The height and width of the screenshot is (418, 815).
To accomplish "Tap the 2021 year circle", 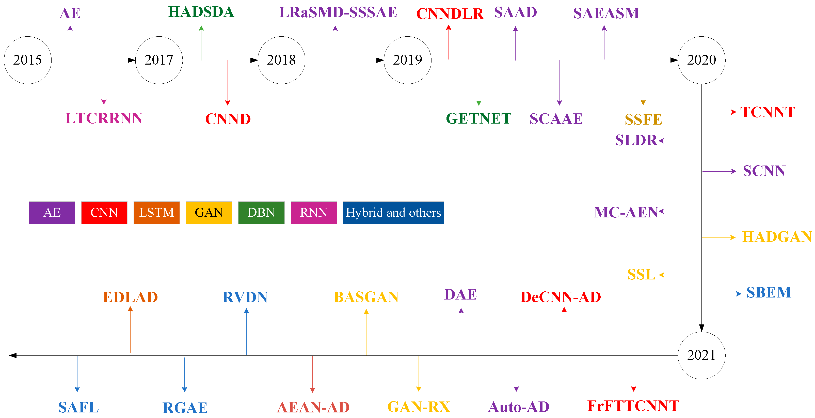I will pos(701,355).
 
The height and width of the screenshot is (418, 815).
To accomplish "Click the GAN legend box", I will pos(209,213).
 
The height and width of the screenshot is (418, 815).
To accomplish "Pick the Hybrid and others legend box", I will pos(393,213).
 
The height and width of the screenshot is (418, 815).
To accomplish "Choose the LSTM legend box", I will pos(157,213).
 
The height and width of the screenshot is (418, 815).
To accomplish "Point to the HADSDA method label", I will pos(201,12).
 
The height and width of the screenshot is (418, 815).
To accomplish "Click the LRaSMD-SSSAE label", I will pos(338,13).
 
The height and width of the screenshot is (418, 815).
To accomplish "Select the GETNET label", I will pos(478,119).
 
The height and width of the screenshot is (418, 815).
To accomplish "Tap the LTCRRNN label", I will pos(104,118).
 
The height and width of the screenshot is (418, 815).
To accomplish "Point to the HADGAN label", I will pos(777,237).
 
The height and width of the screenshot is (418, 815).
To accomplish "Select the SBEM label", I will pos(769,293).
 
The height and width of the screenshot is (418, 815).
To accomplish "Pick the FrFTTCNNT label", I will pos(633,406).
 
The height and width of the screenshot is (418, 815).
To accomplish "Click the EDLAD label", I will pos(130,297).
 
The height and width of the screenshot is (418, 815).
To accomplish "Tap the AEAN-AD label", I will pos(313,407).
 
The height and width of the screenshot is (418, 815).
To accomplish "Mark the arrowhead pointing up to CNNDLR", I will pos(449,27).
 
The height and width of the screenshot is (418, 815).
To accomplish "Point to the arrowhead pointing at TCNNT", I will pos(733,112).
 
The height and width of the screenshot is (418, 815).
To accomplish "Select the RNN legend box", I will pos(314,213).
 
